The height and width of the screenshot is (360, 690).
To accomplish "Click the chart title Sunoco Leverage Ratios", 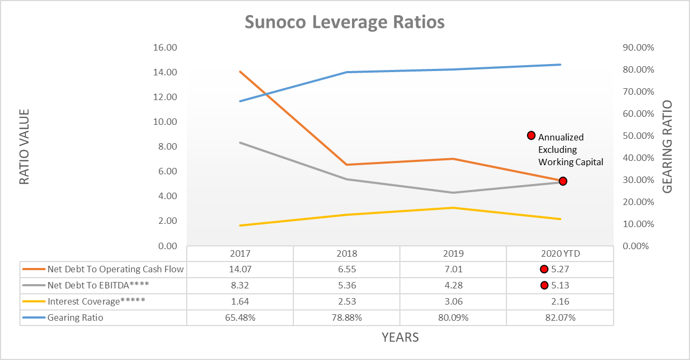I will [x=344, y=23].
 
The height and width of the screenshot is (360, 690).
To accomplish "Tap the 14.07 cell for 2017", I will [x=240, y=270].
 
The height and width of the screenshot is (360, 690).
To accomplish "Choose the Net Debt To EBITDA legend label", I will [x=98, y=286].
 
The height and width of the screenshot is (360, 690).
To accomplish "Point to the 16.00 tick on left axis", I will [x=165, y=47].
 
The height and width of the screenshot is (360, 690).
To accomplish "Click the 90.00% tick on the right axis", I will [x=638, y=47].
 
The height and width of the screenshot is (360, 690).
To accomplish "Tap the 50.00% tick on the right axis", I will [x=638, y=136].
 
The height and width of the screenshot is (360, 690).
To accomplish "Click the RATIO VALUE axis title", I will [x=24, y=146].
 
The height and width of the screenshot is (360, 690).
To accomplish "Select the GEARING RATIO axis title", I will [x=667, y=146].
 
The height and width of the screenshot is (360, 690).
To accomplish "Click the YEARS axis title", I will [x=400, y=337].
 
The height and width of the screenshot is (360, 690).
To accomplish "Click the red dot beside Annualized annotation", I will [x=531, y=136].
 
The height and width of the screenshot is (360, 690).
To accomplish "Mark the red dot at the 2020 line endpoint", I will [x=562, y=181].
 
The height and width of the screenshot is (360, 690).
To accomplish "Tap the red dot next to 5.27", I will [x=544, y=270].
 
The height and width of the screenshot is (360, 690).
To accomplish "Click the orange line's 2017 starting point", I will [x=240, y=72].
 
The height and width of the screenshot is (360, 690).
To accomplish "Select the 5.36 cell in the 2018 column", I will [x=346, y=286].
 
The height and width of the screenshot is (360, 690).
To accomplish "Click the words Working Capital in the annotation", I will [x=571, y=162].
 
